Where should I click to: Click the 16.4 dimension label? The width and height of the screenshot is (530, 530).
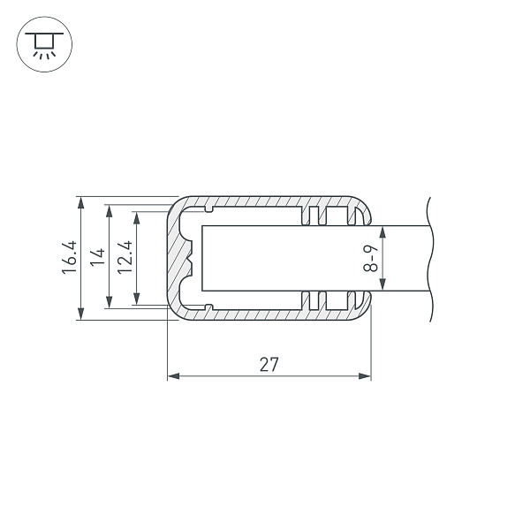[69, 257]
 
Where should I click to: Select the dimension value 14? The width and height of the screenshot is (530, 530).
[98, 257]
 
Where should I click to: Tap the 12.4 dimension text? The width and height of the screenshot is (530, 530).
[125, 257]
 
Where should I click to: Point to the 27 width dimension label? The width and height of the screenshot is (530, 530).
[269, 364]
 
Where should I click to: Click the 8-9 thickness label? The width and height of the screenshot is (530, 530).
[370, 259]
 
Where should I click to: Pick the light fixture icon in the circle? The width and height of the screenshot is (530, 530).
[44, 44]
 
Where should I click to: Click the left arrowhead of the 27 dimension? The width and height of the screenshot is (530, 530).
[173, 376]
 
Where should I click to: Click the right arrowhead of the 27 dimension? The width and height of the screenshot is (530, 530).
[365, 376]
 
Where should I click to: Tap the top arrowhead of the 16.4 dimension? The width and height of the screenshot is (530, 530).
[80, 202]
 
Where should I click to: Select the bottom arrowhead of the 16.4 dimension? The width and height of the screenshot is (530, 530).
[80, 314]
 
